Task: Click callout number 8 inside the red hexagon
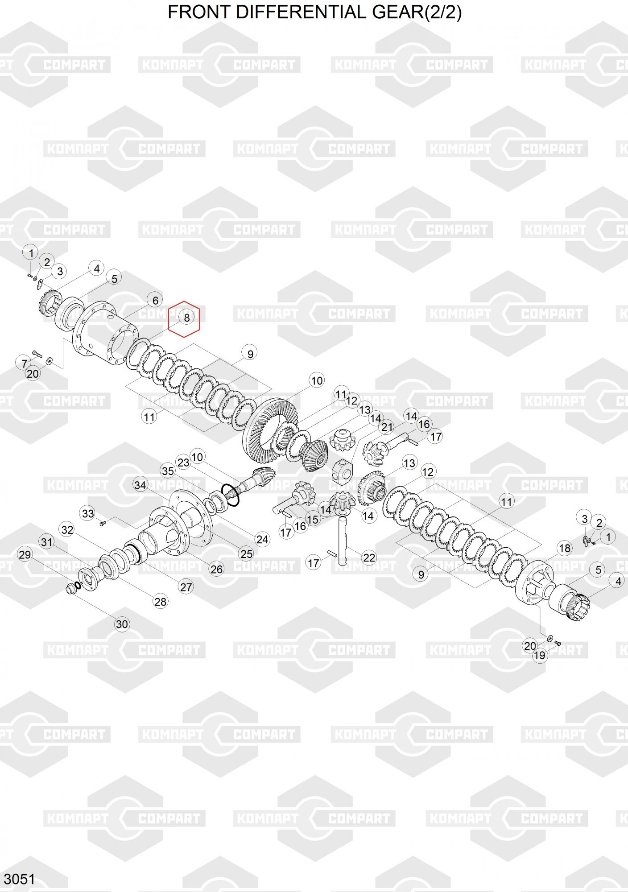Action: coord(186,318)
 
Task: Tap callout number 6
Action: coord(155,301)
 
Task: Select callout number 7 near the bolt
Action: coord(25,363)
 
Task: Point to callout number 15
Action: coord(313,519)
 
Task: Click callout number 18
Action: coord(565,548)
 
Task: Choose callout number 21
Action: coord(387,427)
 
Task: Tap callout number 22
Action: coord(369,557)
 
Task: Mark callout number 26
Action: coord(217,569)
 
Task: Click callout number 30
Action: coord(122,624)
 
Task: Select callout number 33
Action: coord(88,513)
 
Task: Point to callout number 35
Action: coord(168,471)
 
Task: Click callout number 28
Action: coord(160,602)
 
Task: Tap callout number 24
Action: coord(262,540)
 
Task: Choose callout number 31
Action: coord(47,542)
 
